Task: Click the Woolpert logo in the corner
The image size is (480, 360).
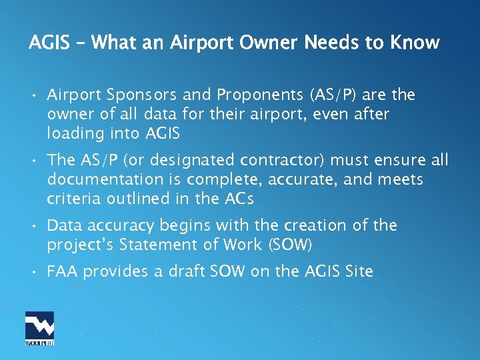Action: tap(40, 329)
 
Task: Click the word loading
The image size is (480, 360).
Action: tap(73, 134)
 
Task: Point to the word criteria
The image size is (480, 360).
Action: tap(71, 199)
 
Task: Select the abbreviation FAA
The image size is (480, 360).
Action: tap(63, 271)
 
